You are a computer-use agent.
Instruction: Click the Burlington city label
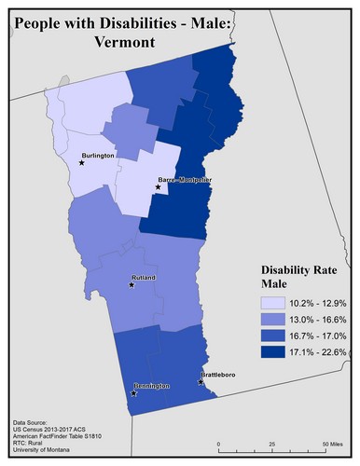(x=98, y=157)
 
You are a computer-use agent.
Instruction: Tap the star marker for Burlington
(x=82, y=163)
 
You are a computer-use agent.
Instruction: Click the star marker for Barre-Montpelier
(x=158, y=188)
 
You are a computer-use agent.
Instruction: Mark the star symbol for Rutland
(x=131, y=285)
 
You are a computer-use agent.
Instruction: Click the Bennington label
(x=150, y=386)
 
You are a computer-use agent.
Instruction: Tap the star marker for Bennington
(x=134, y=393)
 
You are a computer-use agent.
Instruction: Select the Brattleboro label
(x=221, y=375)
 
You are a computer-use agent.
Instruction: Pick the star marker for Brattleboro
(x=201, y=381)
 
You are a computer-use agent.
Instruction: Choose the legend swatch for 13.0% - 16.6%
(x=273, y=320)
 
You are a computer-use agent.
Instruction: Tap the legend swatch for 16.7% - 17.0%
(x=273, y=336)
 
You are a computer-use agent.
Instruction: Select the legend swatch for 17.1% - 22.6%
(x=273, y=351)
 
